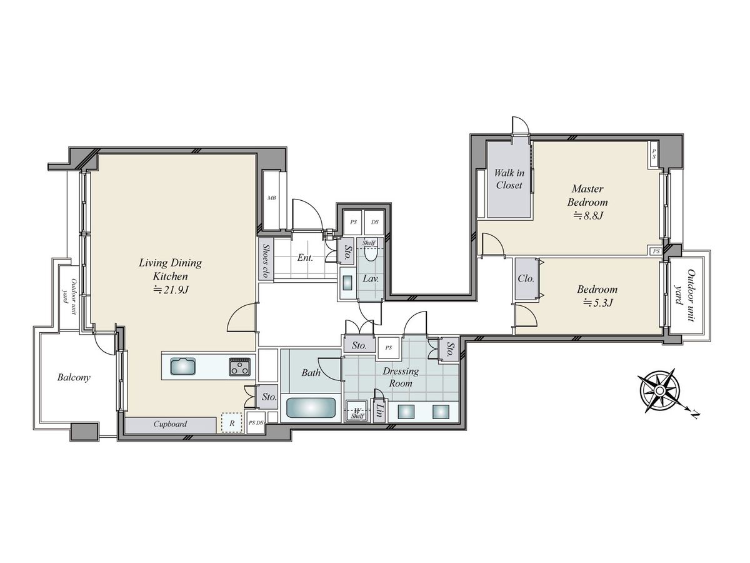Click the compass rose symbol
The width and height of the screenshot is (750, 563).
coord(660,390)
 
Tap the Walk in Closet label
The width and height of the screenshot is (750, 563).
coord(509,179)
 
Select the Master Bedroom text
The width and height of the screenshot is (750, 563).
coord(587,195)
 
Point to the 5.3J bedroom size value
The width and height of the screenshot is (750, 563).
coord(597,303)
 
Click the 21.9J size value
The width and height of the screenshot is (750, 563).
coord(171,290)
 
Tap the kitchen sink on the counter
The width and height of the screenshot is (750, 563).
coord(183,367)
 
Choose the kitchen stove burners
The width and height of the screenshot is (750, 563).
coord(239,367)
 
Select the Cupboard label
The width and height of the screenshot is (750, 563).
coord(170,424)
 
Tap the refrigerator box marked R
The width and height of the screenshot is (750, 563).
coord(232,424)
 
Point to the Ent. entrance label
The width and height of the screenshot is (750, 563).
coord(305,258)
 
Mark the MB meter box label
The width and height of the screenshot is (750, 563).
coord(272,198)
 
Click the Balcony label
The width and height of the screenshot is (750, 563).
coord(74,377)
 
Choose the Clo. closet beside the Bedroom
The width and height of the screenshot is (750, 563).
coord(526,278)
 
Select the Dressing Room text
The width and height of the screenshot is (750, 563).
coord(401,377)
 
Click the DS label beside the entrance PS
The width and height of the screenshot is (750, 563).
coord(375,222)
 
